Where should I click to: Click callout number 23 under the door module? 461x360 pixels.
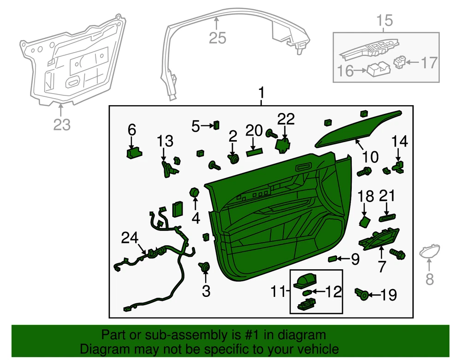coord(62,124)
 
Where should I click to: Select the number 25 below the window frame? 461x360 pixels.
coord(218,37)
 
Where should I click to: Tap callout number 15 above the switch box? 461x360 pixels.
coord(385,20)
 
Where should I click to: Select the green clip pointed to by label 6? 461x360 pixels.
coord(133,153)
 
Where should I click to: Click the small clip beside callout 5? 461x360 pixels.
coord(216,124)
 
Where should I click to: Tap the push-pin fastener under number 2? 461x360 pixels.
coord(234,159)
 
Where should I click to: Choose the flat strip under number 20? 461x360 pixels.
coord(256,152)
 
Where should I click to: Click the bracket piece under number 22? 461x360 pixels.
coord(282,145)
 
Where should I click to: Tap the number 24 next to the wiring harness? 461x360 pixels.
coord(130,238)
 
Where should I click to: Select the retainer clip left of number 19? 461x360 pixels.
coord(361,293)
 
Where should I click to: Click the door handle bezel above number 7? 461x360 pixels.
coord(380,238)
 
